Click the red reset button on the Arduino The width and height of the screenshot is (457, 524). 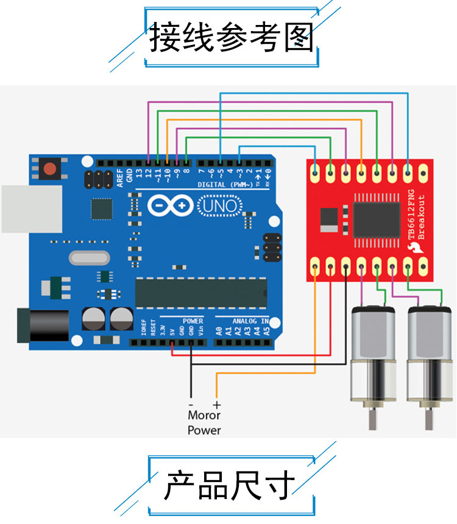pos(48,168)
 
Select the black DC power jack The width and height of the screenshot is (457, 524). pos(37,325)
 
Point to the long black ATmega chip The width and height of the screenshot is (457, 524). pos(200,292)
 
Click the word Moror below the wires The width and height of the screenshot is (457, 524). pos(204,416)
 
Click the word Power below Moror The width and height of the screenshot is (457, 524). pos(204,430)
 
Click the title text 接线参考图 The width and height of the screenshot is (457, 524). pos(231,38)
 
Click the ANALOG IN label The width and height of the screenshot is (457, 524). pos(250,320)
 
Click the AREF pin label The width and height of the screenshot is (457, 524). pos(120,175)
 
